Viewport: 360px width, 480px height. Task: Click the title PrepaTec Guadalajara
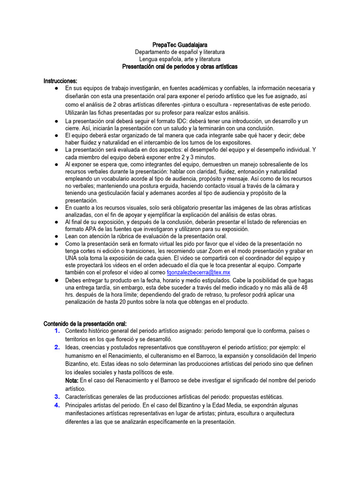(180, 44)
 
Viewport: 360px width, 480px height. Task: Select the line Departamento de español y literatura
(180, 52)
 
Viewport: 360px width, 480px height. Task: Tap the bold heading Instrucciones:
(60, 81)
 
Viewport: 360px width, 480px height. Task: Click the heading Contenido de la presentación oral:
(85, 323)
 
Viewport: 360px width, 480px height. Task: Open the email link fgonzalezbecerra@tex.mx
(198, 272)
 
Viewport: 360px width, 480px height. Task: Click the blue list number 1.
(57, 331)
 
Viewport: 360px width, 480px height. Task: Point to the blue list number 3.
(57, 397)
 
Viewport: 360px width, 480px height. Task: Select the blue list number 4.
(57, 405)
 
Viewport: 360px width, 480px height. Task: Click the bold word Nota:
(72, 380)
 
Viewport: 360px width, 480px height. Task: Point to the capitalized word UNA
(72, 258)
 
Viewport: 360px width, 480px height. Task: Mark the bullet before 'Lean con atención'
(56, 236)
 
